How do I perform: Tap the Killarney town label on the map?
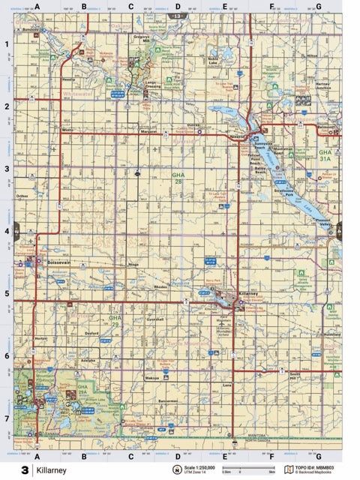pyautogui.click(x=247, y=292)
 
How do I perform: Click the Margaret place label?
pyautogui.click(x=148, y=130)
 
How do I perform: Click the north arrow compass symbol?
pyautogui.click(x=177, y=470)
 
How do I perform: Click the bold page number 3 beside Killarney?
pyautogui.click(x=25, y=470)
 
